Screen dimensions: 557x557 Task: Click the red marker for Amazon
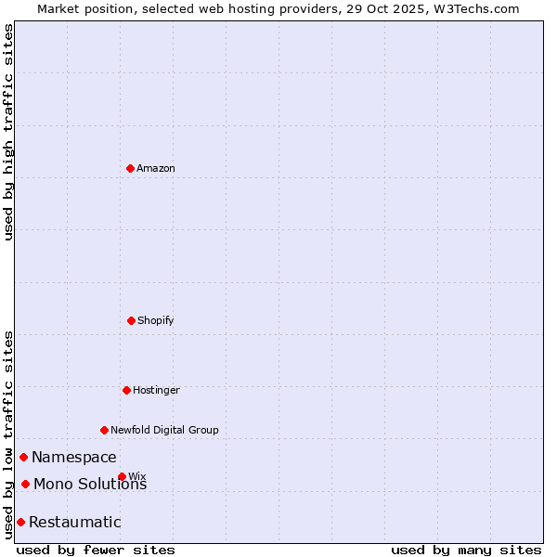pos(130,168)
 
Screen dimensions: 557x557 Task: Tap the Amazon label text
pos(156,169)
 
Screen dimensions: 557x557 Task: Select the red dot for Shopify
pos(131,320)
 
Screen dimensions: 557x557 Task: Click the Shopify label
pos(156,321)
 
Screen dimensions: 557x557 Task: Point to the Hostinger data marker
pos(126,390)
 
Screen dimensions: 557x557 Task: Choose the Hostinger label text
pos(156,391)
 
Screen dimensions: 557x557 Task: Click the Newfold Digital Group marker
pos(104,430)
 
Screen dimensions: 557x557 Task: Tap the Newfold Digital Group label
pos(164,431)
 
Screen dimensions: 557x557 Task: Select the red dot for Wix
pos(122,476)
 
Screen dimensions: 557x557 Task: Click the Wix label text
pos(137,477)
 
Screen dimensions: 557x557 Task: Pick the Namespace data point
pos(23,457)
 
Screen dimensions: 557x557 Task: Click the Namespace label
pos(74,458)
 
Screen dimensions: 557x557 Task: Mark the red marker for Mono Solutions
pos(25,484)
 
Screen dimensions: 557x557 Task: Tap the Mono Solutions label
pos(90,485)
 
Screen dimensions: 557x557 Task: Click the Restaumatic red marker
pos(20,522)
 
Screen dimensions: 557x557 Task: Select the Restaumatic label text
pos(75,523)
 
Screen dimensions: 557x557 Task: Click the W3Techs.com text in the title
pos(478,8)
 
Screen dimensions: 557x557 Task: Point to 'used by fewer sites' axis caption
pos(96,550)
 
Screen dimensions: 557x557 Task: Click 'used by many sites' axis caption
pos(466,550)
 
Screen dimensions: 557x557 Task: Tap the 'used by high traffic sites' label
pos(8,132)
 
